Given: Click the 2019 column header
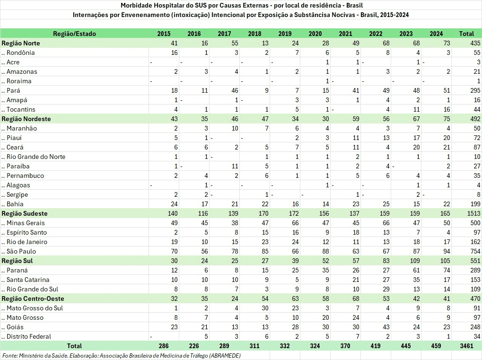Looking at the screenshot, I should click(285, 34).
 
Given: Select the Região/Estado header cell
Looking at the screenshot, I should click(75, 34).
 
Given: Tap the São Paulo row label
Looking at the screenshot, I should click(21, 251).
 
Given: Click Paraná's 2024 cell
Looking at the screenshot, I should click(436, 270).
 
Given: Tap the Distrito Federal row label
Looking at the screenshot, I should click(29, 336).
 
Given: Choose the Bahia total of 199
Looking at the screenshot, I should click(467, 204).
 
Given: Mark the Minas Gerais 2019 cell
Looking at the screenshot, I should click(285, 223).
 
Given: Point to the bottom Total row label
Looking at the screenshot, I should click(75, 346).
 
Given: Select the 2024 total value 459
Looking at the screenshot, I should click(436, 346).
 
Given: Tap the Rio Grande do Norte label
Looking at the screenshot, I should click(36, 157).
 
